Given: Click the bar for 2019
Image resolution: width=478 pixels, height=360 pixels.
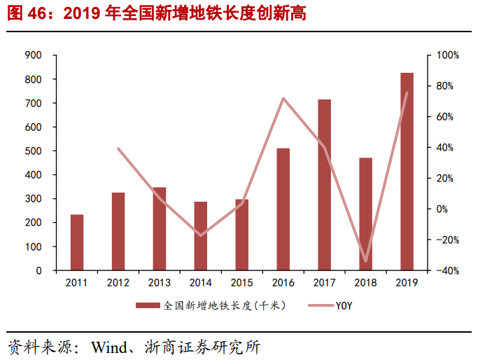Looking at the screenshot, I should click(407, 172).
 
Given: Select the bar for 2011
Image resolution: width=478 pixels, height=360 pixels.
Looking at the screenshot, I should click(77, 242).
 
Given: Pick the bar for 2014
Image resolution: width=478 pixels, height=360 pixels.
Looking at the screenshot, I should click(201, 236).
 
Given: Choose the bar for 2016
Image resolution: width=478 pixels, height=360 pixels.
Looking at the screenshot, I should click(283, 209).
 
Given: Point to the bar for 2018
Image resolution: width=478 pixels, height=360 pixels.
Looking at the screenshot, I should click(365, 214).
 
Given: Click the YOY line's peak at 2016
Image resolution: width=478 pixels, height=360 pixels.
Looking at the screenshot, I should click(283, 98).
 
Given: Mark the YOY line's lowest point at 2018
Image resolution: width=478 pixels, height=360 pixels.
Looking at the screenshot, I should click(365, 261).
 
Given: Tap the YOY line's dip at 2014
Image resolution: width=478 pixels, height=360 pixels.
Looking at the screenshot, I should click(201, 235).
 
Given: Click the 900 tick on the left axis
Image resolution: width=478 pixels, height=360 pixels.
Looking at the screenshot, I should click(34, 55).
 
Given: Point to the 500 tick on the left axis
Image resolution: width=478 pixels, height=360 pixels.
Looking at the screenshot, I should click(34, 151).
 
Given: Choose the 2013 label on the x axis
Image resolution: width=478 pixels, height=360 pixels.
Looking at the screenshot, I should click(160, 283).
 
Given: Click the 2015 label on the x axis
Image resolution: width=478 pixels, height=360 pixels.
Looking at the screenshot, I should click(242, 283).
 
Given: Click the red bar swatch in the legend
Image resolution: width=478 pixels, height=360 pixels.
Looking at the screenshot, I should click(147, 305).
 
